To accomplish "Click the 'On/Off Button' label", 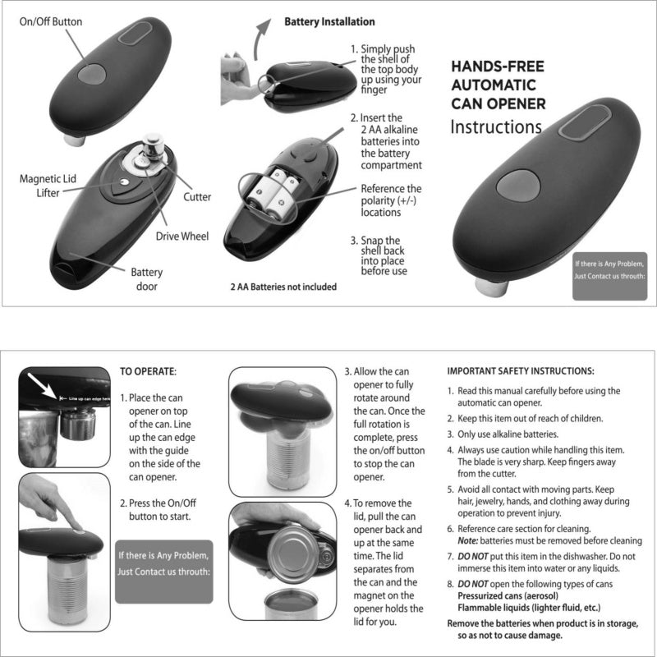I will (51, 21).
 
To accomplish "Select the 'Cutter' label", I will (197, 197).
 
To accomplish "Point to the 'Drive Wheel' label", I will (182, 237).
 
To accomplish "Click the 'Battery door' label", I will (147, 279).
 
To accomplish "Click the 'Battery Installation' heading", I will (329, 21).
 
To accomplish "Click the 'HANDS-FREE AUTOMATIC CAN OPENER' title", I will (498, 85).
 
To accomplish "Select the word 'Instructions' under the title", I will (496, 127).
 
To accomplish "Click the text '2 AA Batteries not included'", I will (283, 287).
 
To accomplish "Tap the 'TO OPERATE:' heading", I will (149, 371).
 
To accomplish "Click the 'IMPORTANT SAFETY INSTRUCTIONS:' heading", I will (521, 371).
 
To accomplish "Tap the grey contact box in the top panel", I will (610, 269).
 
